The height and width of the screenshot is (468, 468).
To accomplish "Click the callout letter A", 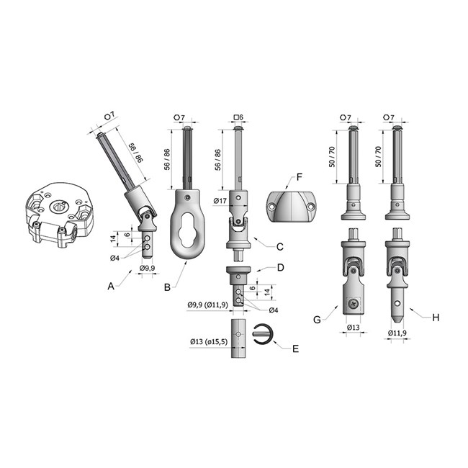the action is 111,287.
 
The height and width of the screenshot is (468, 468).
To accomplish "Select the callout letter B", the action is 168,287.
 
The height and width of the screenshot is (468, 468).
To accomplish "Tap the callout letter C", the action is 279,247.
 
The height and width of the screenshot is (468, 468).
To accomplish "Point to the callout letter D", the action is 281,267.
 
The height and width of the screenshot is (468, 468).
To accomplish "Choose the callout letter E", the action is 295,348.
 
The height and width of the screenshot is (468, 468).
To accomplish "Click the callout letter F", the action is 300,177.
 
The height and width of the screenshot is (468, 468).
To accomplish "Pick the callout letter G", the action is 317,320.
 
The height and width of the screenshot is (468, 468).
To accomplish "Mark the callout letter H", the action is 436,318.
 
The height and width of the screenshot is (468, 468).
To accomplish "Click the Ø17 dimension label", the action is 220,201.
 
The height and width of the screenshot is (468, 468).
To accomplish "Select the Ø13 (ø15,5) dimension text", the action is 209,341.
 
